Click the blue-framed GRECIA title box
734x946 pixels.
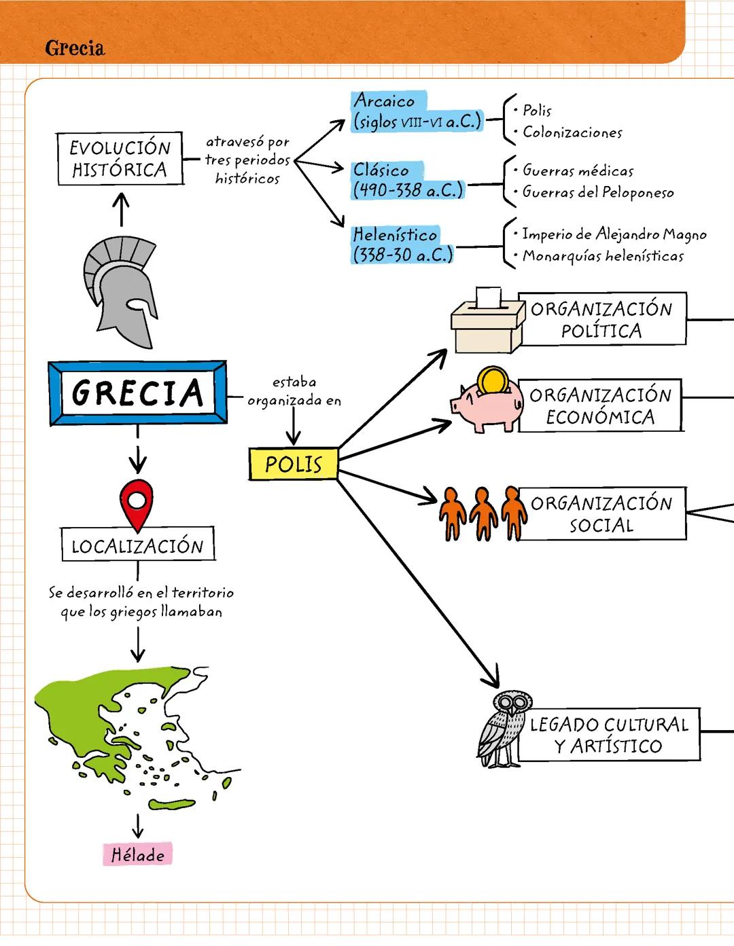tap(138, 393)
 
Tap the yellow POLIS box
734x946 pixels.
tap(293, 464)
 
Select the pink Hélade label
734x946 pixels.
tap(137, 854)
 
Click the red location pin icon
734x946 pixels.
tap(137, 503)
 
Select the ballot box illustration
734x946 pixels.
tap(487, 323)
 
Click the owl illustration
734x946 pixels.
tap(503, 730)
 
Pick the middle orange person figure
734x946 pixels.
tap(483, 513)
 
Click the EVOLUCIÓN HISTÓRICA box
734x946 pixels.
tap(120, 159)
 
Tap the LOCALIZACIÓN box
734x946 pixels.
tap(138, 545)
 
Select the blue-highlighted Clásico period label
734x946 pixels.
tap(406, 180)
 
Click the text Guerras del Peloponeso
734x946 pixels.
tap(597, 192)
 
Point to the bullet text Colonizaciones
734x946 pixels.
tap(572, 132)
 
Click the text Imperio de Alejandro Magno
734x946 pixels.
tap(614, 234)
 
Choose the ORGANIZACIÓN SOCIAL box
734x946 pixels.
tap(601, 513)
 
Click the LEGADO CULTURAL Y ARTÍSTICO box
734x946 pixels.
tap(608, 735)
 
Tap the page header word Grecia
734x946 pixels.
tap(75, 48)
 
